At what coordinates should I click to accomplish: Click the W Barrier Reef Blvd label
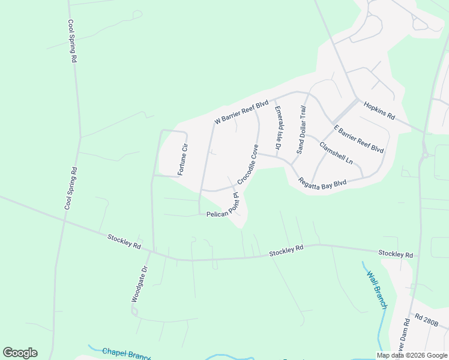241,113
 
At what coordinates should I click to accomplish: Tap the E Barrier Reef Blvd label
358,139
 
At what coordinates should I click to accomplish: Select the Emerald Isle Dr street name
278,128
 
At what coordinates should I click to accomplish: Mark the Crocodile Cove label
247,164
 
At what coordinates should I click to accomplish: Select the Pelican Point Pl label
223,206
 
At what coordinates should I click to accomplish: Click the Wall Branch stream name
378,289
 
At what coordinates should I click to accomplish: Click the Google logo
20,353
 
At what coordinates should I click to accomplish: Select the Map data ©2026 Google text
412,355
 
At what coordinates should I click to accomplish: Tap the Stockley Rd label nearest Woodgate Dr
124,242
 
